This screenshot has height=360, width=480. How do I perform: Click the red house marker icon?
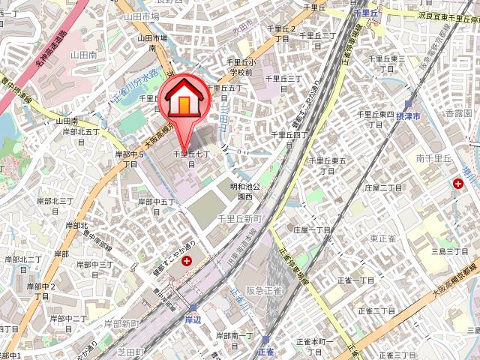point(182,101)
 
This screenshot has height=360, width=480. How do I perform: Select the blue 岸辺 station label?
point(193,319)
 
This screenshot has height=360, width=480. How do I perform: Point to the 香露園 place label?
point(458,112)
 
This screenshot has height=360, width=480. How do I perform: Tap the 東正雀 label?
point(382,238)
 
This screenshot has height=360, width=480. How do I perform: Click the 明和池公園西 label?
point(244,191)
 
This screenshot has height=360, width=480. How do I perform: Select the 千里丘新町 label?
point(238,217)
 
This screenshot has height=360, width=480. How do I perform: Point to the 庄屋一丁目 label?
point(312,229)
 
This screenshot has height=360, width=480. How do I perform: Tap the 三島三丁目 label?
point(450,250)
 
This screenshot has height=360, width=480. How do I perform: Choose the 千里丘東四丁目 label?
point(376,118)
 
